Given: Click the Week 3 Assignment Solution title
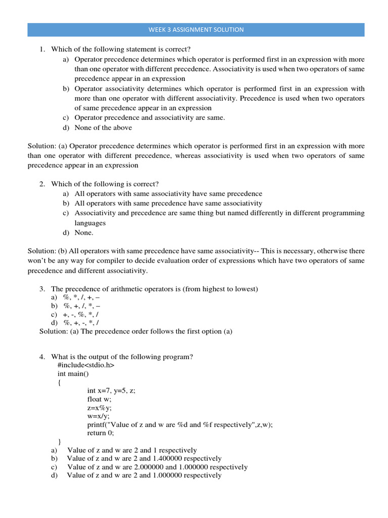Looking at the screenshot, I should [196, 30].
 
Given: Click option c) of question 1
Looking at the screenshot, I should [150, 118].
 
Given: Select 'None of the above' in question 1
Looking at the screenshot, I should [103, 127].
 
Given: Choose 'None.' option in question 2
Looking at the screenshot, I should [84, 233].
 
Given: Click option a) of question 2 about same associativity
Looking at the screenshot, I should [168, 194].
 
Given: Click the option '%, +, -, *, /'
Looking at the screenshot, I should [81, 323].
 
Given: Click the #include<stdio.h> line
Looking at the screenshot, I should [86, 365].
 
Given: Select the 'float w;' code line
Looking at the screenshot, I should [100, 399].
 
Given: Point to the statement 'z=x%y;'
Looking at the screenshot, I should [100, 408].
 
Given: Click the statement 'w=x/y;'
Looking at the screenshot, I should [99, 416].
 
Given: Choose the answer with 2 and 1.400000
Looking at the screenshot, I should [144, 459].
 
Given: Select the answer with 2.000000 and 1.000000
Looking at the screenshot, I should [157, 467].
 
